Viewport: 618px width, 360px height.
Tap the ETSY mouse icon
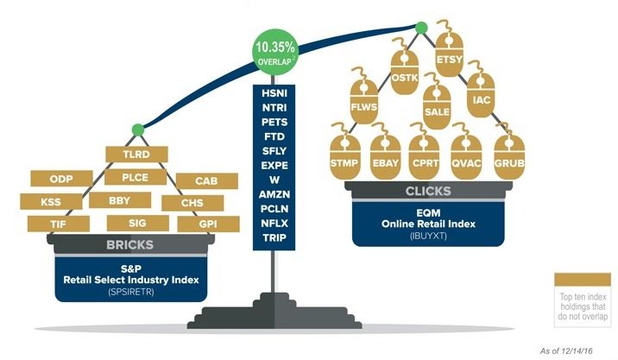[x=450, y=59]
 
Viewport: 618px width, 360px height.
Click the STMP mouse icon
[x=347, y=161]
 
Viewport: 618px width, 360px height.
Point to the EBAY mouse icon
[x=386, y=161]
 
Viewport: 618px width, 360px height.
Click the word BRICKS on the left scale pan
[x=129, y=244]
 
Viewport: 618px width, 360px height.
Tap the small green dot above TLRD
[x=136, y=129]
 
